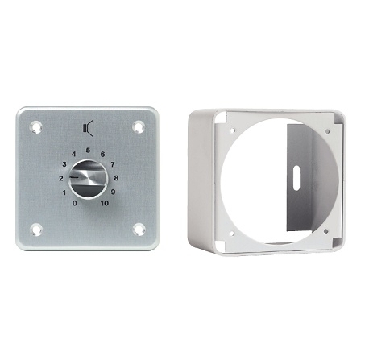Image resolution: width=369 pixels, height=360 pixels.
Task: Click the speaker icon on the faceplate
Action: coord(89,128)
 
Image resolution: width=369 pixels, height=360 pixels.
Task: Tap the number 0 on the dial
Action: coord(75,203)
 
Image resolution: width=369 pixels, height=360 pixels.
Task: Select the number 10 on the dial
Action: coord(105,203)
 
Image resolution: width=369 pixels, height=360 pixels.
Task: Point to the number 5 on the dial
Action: coord(88,151)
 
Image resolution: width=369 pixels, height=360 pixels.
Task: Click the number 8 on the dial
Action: coord(116,178)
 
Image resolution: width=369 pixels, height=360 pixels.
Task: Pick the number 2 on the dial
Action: coord(61,178)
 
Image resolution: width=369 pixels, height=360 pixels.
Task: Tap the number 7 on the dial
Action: coord(113,163)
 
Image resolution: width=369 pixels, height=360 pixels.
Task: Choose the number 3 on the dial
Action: coord(64,164)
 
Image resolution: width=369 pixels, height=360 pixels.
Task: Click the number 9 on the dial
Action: coord(113,192)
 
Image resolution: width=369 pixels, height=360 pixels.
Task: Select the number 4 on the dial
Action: coord(74,155)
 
